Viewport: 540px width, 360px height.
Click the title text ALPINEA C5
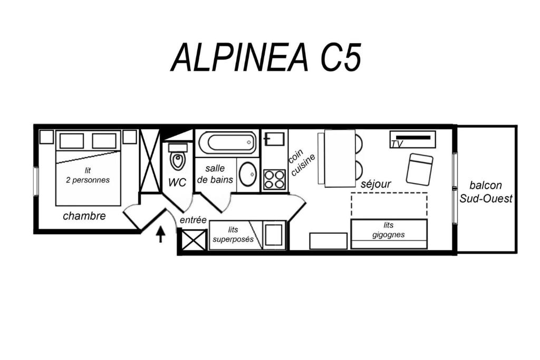(x=266, y=57)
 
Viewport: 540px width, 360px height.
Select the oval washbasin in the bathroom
(x=247, y=174)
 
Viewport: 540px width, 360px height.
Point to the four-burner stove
(x=274, y=180)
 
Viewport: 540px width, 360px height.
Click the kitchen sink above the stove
(x=274, y=139)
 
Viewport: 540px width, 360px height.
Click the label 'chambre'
(x=84, y=216)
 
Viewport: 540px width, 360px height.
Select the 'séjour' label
(x=375, y=184)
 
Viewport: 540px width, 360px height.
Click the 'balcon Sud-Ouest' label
(x=486, y=192)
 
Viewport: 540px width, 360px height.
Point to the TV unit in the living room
(x=412, y=139)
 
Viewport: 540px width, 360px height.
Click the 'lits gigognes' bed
(x=389, y=234)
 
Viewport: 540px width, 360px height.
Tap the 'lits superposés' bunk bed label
(x=233, y=235)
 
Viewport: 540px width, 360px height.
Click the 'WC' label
(x=177, y=182)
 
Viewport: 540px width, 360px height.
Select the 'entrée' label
(x=193, y=220)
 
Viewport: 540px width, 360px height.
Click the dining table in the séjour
(x=340, y=158)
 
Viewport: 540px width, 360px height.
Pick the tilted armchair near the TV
(x=419, y=169)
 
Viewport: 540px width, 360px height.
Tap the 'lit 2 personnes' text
(x=88, y=175)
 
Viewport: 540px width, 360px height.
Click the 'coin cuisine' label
(x=301, y=162)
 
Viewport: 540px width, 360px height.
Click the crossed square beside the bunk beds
(x=194, y=240)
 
